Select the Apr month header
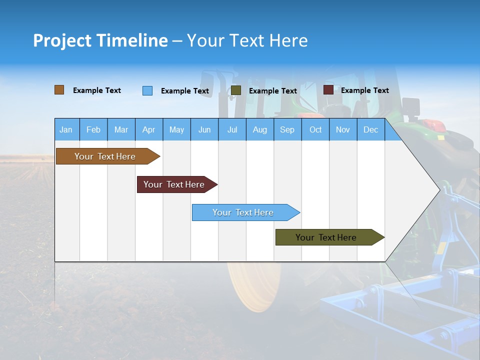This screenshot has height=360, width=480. pyautogui.click(x=149, y=129)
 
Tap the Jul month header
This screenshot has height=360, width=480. pyautogui.click(x=232, y=129)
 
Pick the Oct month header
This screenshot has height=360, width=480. pyautogui.click(x=315, y=129)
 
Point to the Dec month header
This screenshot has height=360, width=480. pyautogui.click(x=371, y=129)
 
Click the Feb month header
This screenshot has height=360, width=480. pyautogui.click(x=93, y=129)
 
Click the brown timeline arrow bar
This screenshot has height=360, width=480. pyautogui.click(x=108, y=156)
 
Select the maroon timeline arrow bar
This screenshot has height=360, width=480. pyautogui.click(x=177, y=184)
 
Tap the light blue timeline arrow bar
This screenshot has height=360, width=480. pyautogui.click(x=246, y=212)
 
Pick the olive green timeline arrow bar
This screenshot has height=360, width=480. pyautogui.click(x=330, y=237)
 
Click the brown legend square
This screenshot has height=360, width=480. pyautogui.click(x=59, y=90)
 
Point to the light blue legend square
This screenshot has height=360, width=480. pyautogui.click(x=147, y=90)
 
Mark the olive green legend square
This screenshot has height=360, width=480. pyautogui.click(x=235, y=90)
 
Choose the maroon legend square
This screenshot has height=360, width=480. pyautogui.click(x=328, y=90)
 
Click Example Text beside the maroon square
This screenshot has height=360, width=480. pyautogui.click(x=365, y=90)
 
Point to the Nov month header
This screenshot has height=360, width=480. pyautogui.click(x=343, y=129)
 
